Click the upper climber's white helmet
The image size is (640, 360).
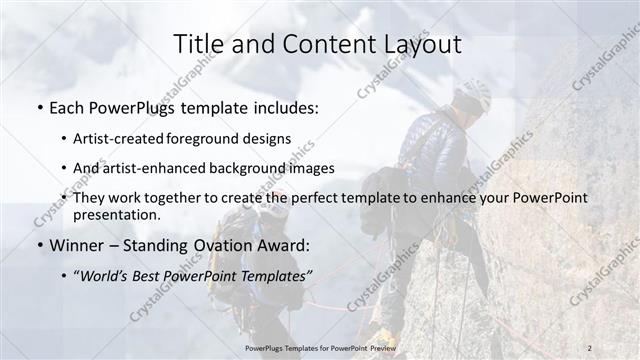(x=475, y=95)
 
